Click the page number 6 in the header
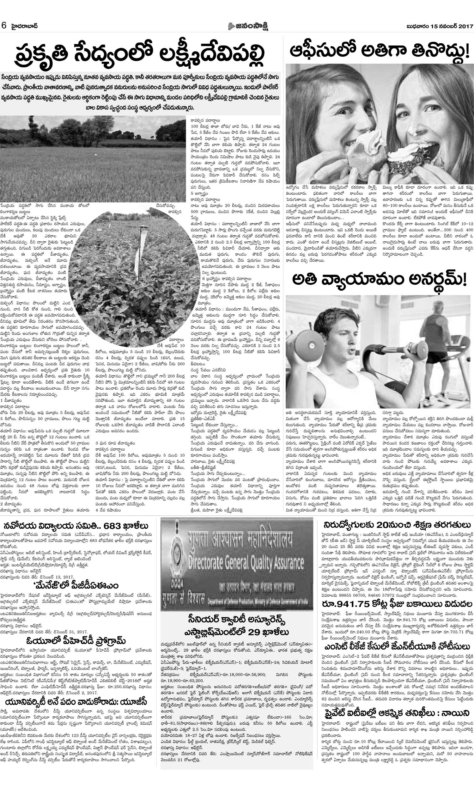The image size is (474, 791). (x=4, y=26)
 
